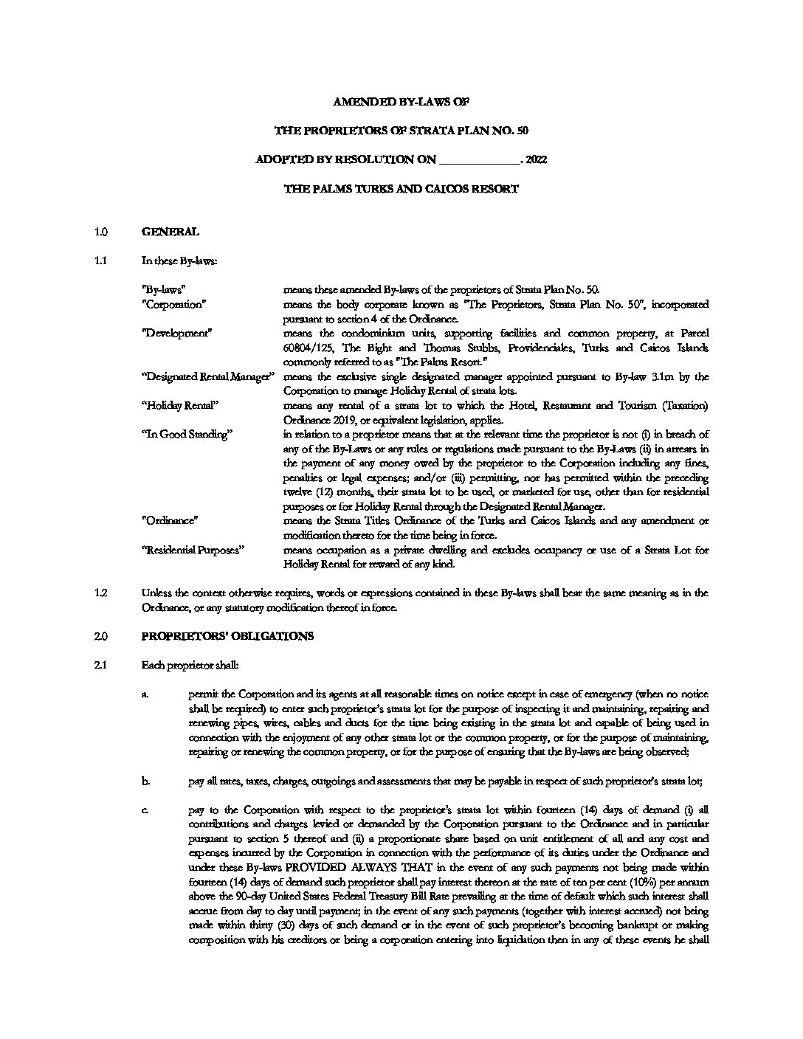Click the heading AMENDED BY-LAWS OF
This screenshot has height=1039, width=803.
tap(401, 101)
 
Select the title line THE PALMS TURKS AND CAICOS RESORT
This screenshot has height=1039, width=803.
tap(401, 189)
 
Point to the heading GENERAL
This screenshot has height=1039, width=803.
tap(170, 232)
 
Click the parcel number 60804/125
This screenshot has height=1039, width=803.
tap(309, 348)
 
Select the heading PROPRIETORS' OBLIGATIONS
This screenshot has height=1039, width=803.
tap(227, 636)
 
